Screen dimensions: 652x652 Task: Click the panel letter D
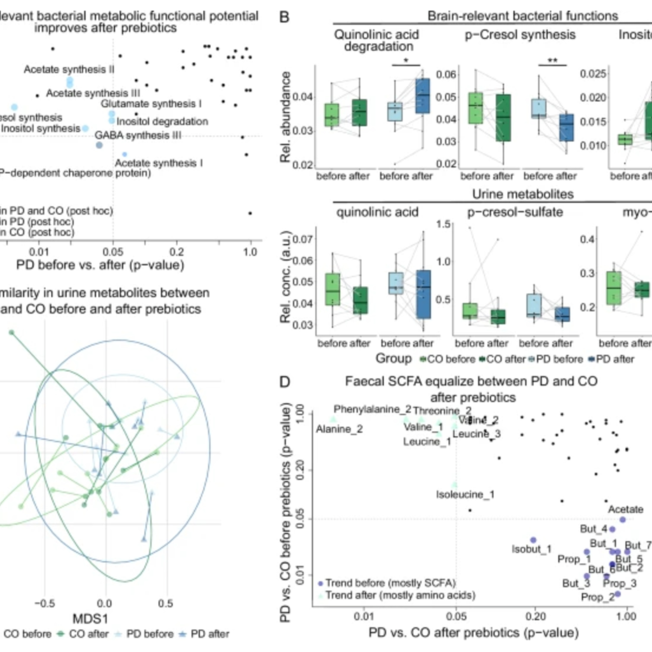[x=284, y=382]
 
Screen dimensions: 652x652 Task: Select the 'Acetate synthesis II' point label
[x=69, y=70]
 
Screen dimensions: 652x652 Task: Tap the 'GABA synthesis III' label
[x=138, y=135]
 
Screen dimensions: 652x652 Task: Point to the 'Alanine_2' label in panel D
[x=339, y=429]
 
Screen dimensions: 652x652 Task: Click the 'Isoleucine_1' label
[x=465, y=494]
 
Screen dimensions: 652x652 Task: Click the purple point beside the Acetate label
[x=623, y=520]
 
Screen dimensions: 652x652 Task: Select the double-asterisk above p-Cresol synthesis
[x=552, y=61]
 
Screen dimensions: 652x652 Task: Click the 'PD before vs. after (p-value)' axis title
[x=100, y=265]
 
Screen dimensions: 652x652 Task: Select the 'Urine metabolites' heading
[x=522, y=194]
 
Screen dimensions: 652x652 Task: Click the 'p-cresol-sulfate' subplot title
[x=515, y=212]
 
